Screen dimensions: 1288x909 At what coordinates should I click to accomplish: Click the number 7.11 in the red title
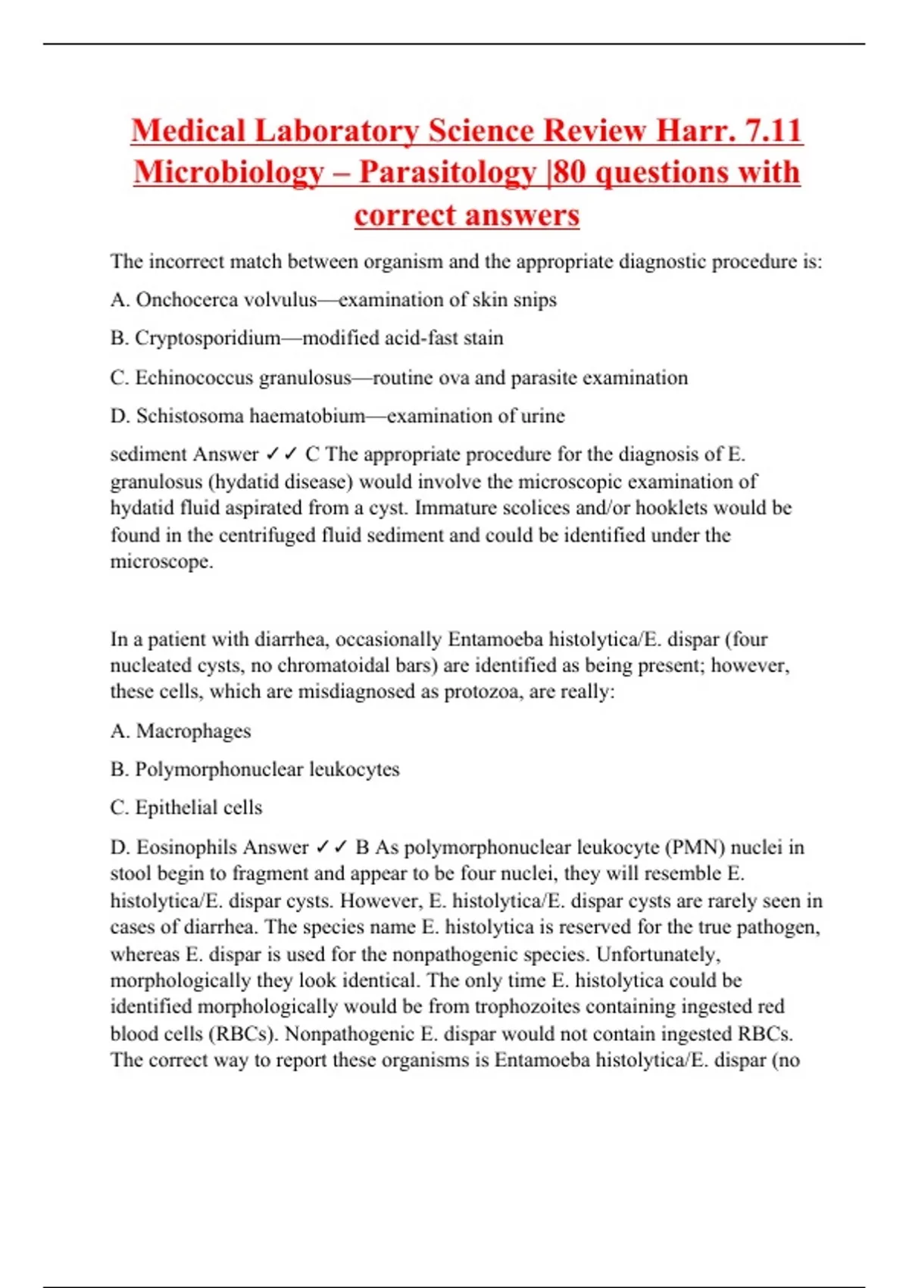[773, 130]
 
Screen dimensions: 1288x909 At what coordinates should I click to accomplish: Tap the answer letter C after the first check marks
[312, 455]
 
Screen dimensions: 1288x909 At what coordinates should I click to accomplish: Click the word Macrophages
[193, 731]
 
